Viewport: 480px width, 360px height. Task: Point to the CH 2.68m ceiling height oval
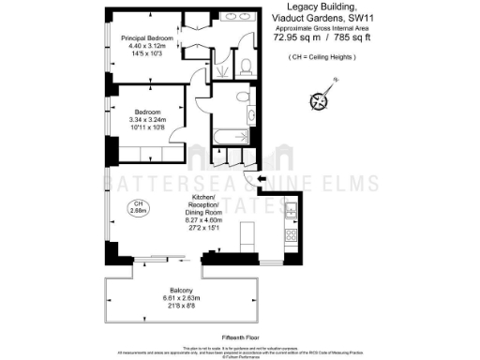coord(138,207)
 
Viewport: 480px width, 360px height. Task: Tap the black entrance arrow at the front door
coord(262,178)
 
